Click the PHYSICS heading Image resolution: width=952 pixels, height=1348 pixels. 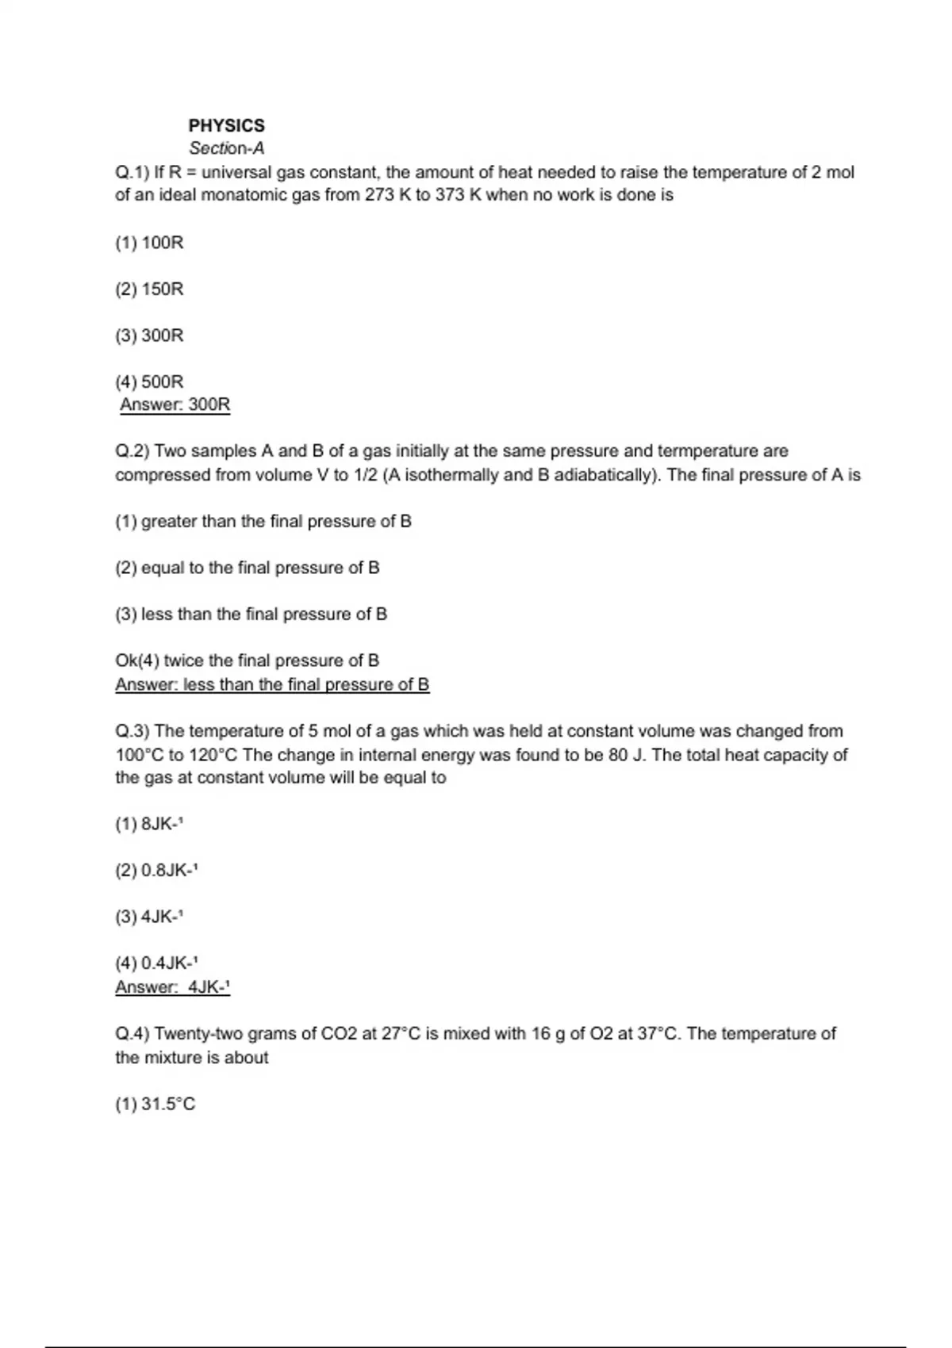click(226, 125)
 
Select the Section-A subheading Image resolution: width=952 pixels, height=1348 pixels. click(226, 148)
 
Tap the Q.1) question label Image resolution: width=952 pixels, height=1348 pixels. click(132, 172)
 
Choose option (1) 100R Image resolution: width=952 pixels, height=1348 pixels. click(149, 243)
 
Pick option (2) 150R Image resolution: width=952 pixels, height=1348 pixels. click(149, 289)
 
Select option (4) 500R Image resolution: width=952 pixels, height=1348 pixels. click(149, 382)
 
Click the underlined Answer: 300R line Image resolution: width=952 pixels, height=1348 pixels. click(175, 405)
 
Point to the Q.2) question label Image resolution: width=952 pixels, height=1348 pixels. click(132, 451)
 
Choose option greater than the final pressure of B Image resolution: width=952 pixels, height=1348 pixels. click(263, 522)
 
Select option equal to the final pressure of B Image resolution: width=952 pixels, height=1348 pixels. click(248, 568)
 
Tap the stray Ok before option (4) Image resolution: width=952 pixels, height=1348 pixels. click(126, 661)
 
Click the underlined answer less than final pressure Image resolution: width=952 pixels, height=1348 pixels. click(272, 684)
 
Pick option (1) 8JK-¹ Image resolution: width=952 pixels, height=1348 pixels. click(149, 824)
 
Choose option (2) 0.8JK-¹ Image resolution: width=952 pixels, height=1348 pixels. click(156, 871)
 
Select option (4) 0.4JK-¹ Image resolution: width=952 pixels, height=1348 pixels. click(156, 963)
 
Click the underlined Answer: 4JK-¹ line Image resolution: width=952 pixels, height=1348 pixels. click(172, 987)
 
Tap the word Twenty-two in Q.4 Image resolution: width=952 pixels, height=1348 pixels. click(198, 1034)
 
